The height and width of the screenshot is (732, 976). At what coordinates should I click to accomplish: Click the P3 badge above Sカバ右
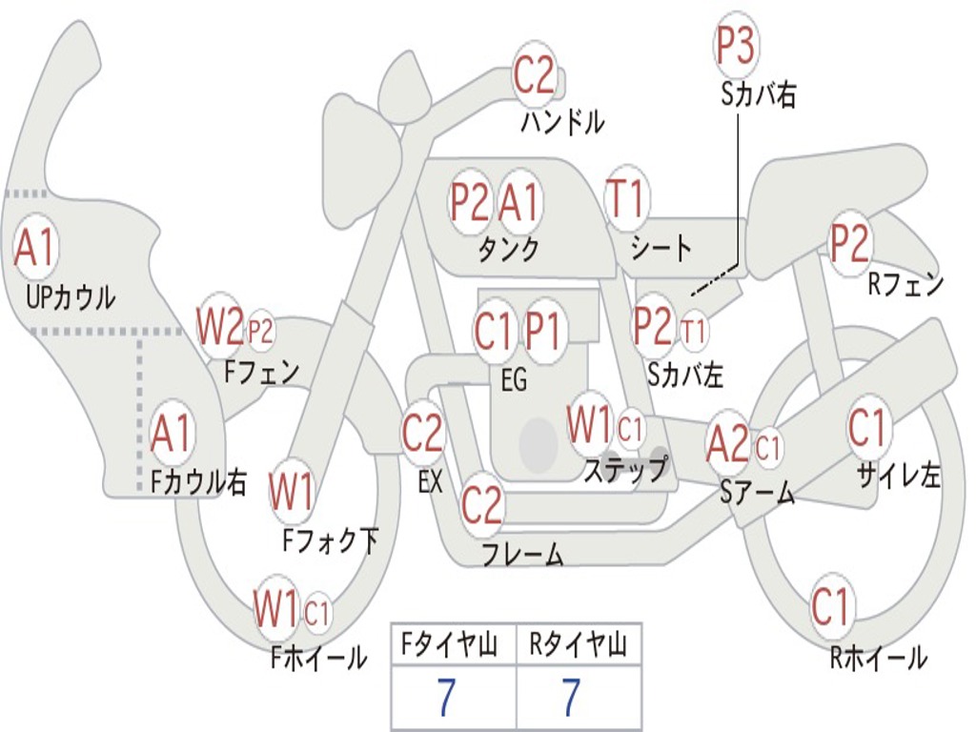(735, 47)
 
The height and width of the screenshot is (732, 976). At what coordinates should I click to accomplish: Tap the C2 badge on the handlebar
(534, 75)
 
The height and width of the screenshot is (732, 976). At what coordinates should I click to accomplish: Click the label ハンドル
(563, 122)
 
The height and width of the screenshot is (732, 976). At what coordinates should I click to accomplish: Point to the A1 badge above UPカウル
(36, 248)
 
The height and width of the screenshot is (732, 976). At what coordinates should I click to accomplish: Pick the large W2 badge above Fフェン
(219, 327)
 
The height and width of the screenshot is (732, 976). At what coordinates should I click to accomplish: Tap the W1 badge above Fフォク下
(291, 493)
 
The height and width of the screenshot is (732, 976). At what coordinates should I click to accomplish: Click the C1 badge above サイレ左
(867, 428)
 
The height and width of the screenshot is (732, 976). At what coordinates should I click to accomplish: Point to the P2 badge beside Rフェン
(849, 244)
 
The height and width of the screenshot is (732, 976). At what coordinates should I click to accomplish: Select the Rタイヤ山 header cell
(578, 647)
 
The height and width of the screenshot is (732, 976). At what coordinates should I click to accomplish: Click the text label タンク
(508, 250)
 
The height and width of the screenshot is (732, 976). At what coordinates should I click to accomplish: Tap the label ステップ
(625, 470)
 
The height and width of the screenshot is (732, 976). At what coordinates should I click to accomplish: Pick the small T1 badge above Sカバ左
(695, 331)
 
